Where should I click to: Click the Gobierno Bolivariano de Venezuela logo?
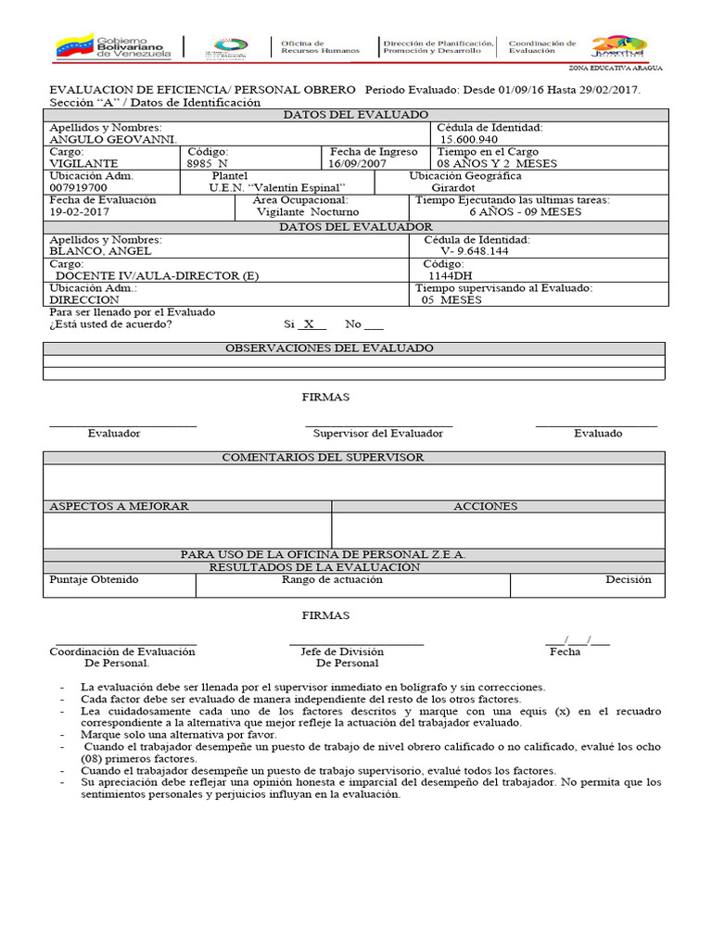pos(115,45)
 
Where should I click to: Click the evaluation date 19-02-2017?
pos(81,211)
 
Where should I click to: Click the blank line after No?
pos(374,326)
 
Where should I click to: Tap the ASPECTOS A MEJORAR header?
pos(119,506)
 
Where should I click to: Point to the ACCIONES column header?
pos(485,506)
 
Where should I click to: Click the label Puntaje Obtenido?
pos(94,579)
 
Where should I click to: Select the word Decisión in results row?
pos(628,579)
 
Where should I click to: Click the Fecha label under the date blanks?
pos(565,652)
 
